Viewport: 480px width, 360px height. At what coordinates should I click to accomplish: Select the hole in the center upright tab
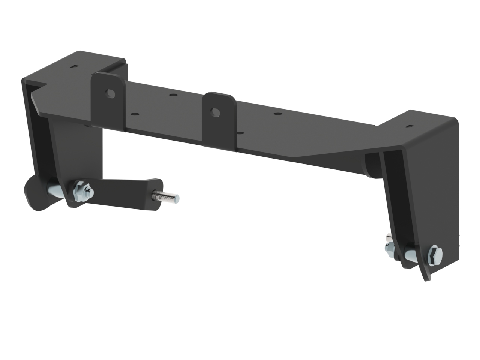pyautogui.click(x=215, y=112)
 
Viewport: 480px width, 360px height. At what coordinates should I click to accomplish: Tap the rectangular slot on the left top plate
pyautogui.click(x=75, y=66)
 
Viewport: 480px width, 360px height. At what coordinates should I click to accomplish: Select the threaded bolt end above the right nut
pyautogui.click(x=389, y=238)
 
